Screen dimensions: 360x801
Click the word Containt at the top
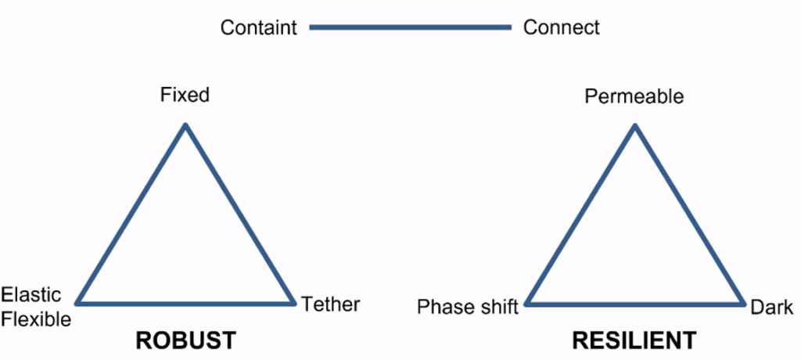pyautogui.click(x=258, y=28)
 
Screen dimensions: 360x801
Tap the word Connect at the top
pyautogui.click(x=562, y=28)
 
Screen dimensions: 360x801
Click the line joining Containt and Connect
pyautogui.click(x=410, y=27)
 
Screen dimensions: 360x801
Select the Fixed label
pyautogui.click(x=185, y=95)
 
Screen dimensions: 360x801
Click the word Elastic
pyautogui.click(x=31, y=295)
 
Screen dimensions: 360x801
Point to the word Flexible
pyautogui.click(x=36, y=319)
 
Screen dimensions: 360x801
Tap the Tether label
pyautogui.click(x=331, y=304)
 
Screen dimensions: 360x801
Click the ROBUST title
pyautogui.click(x=185, y=340)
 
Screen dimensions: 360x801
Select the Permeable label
pyautogui.click(x=634, y=97)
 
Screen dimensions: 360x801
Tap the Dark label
pyautogui.click(x=772, y=307)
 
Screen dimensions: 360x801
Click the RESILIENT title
pyautogui.click(x=634, y=340)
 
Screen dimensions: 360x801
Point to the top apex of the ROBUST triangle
pyautogui.click(x=185, y=126)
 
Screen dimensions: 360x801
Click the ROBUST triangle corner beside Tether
pyautogui.click(x=293, y=302)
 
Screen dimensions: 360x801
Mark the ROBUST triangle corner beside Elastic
pyautogui.click(x=78, y=302)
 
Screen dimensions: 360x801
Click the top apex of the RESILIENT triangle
pyautogui.click(x=634, y=126)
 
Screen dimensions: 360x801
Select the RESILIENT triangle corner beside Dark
pyautogui.click(x=742, y=303)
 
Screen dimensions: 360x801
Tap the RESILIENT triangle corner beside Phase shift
pyautogui.click(x=528, y=303)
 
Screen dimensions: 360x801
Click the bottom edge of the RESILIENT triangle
pyautogui.click(x=634, y=303)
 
